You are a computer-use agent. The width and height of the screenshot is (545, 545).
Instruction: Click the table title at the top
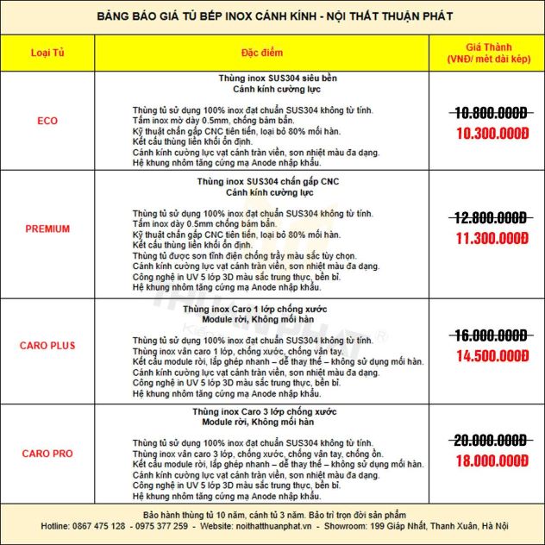pyautogui.click(x=272, y=16)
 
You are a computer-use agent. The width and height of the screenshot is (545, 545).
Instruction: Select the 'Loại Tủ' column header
pyautogui.click(x=48, y=53)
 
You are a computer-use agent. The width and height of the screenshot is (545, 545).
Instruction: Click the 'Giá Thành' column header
pyautogui.click(x=491, y=53)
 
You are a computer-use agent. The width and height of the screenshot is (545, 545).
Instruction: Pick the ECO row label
pyautogui.click(x=48, y=121)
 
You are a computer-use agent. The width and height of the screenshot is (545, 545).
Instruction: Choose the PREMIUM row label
pyautogui.click(x=48, y=229)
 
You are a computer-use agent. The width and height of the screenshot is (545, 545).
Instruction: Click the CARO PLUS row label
pyautogui.click(x=48, y=346)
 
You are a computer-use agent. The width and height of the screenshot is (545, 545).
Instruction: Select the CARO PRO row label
pyautogui.click(x=48, y=454)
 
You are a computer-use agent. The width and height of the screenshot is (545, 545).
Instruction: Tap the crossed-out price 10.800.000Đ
pyautogui.click(x=491, y=113)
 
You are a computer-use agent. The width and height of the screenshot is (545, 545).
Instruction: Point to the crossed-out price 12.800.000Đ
pyautogui.click(x=491, y=217)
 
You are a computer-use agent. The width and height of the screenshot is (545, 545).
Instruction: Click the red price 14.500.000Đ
pyautogui.click(x=491, y=354)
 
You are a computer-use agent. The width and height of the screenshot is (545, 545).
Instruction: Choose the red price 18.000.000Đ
pyautogui.click(x=491, y=460)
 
